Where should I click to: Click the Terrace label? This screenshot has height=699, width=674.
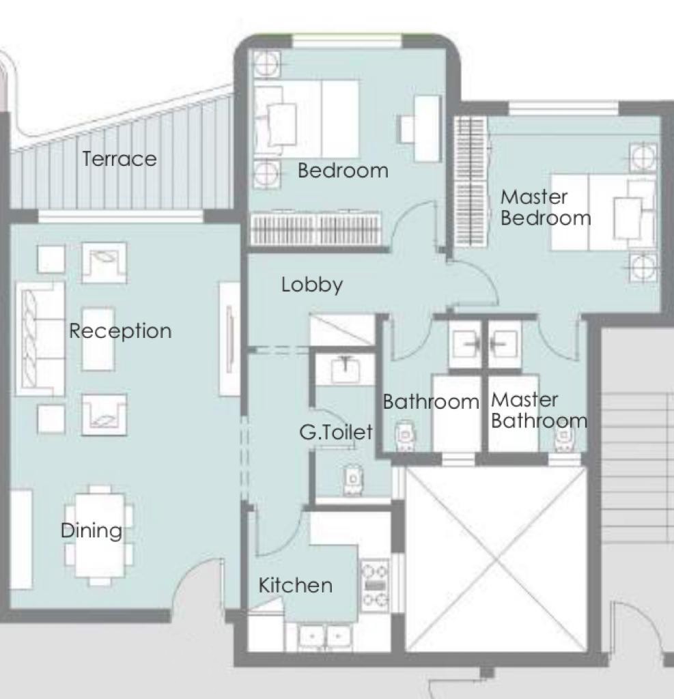coord(120,159)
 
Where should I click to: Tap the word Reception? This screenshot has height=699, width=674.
coord(120,331)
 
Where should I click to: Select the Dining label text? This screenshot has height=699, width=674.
coord(92,530)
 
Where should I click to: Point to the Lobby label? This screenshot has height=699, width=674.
coord(312,285)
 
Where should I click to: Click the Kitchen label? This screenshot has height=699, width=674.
coord(296,585)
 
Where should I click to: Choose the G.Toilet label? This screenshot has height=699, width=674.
coord(336,432)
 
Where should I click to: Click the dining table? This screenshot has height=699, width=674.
coord(100,535)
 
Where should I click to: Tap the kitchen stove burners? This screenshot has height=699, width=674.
coord(375,585)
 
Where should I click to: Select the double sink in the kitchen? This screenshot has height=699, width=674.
coord(325,637)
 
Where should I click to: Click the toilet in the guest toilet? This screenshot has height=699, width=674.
coord(353,480)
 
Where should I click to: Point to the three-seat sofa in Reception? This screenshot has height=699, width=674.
coord(40,339)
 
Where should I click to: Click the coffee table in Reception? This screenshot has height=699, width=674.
coord(98,339)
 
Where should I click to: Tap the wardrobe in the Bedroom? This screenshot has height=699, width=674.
coord(315,229)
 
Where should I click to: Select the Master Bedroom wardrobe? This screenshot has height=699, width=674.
coord(471,182)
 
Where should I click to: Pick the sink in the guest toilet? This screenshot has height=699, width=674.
coord(346,369)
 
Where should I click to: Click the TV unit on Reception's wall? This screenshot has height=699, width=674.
coord(229,339)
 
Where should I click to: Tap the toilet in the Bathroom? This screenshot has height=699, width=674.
coord(406,436)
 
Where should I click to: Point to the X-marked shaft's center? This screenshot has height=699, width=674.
coord(496,560)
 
